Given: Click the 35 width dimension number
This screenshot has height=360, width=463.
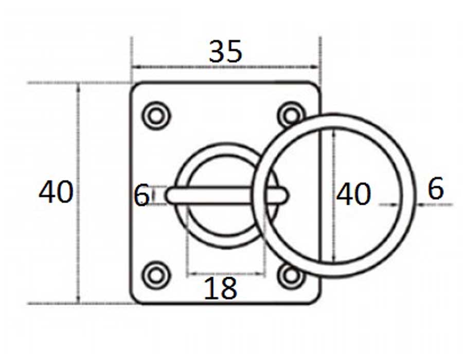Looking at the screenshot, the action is (x=225, y=51).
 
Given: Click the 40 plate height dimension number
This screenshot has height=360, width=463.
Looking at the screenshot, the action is (x=56, y=192).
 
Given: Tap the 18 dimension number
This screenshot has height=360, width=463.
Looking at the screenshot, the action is (x=220, y=288).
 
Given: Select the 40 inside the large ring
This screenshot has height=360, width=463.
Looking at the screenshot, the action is (x=353, y=194).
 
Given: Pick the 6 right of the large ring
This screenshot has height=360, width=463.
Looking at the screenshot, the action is (x=436, y=188).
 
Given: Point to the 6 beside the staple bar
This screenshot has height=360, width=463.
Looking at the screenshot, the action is (x=141, y=195).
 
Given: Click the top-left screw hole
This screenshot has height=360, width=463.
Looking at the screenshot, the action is (x=156, y=116).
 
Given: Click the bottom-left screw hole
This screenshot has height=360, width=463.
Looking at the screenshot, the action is (x=156, y=275).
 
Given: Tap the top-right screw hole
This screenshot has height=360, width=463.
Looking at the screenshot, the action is (x=291, y=115).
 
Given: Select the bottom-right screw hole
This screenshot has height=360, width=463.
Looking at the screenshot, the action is (x=291, y=276).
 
